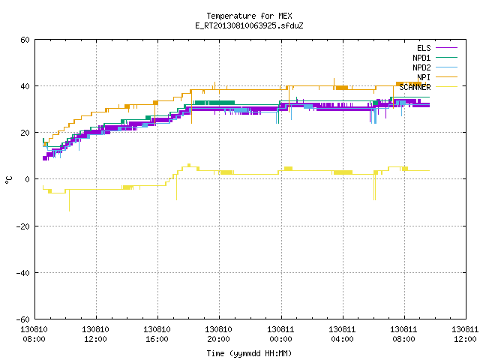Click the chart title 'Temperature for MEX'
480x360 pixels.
tap(249, 16)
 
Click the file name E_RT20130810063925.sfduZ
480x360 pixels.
tap(249, 25)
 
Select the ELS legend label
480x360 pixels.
tap(424, 48)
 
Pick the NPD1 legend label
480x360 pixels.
tap(421, 58)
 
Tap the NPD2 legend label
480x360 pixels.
tap(421, 67)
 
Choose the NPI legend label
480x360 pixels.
tap(424, 77)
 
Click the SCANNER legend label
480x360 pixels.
tap(415, 87)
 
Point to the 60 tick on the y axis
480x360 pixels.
tap(25, 40)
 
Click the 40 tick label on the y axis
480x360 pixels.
tap(25, 86)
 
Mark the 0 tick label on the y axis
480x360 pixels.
tap(28, 179)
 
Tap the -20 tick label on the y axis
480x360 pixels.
tap(23, 226)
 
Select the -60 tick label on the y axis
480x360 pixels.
tap(23, 319)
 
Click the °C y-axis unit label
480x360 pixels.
tap(9, 180)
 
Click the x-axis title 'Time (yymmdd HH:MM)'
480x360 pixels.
tap(249, 353)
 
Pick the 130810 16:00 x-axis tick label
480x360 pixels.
tap(157, 334)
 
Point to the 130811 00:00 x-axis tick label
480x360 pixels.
tap(280, 334)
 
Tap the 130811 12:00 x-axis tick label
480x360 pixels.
tap(465, 334)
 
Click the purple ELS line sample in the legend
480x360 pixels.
tap(446, 48)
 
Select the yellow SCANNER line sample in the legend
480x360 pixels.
tap(446, 87)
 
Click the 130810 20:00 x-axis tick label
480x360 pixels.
tap(218, 334)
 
